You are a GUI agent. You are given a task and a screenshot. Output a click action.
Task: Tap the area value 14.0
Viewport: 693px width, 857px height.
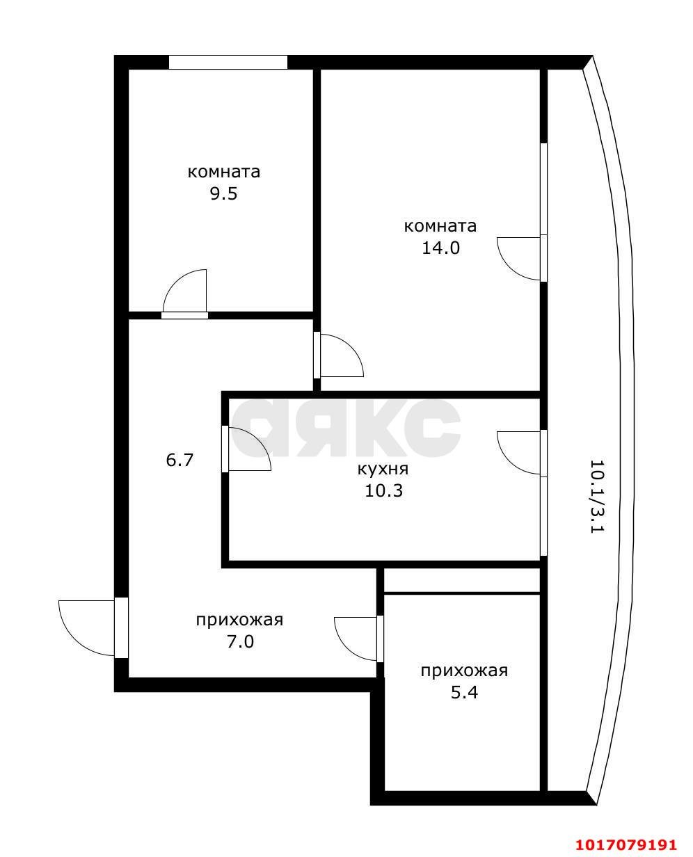point(441,248)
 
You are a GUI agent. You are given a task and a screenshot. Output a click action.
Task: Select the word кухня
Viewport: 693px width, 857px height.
point(383,469)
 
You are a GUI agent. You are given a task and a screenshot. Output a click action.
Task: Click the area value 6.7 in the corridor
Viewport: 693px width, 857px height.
point(180,460)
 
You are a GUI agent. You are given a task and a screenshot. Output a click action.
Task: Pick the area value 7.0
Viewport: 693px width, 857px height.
point(239,641)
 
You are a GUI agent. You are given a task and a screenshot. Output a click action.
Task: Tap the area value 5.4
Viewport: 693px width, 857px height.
point(464,693)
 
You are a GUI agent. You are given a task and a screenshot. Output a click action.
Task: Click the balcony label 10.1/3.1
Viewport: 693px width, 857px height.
point(598,496)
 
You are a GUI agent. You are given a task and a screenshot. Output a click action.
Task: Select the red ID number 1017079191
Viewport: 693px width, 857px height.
point(626,844)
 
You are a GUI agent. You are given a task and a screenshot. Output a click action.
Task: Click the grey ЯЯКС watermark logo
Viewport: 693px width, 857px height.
point(346,427)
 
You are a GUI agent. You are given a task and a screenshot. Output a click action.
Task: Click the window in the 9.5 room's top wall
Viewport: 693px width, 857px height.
point(228,63)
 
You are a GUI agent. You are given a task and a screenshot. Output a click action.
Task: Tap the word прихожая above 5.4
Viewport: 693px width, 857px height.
point(464,671)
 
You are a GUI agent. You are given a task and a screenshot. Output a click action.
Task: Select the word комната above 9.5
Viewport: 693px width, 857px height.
point(224,172)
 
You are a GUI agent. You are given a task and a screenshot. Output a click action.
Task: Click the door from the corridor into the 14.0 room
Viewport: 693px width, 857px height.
point(339,355)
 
